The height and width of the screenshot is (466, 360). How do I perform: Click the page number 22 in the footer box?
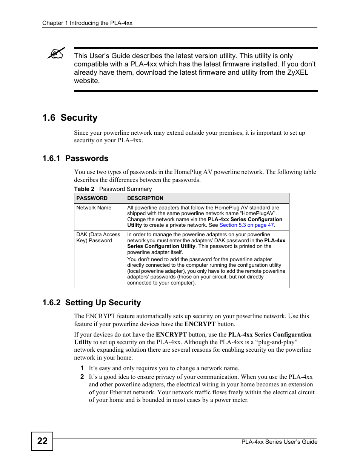[x=42, y=441]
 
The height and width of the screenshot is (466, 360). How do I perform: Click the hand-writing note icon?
[x=56, y=53]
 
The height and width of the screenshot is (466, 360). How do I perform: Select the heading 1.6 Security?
[x=70, y=118]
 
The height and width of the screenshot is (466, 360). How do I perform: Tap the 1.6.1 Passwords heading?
[x=75, y=158]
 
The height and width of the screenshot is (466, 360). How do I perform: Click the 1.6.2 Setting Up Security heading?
[x=91, y=303]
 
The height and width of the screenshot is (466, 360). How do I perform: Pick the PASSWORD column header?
[x=92, y=198]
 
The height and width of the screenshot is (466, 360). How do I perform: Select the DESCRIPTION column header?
[x=145, y=198]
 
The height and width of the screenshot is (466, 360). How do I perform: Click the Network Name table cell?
[x=94, y=208]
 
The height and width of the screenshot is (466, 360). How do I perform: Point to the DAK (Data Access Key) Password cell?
[x=98, y=237]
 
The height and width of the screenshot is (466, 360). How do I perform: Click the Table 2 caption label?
[x=84, y=189]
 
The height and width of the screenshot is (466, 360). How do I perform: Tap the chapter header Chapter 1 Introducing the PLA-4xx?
[x=87, y=23]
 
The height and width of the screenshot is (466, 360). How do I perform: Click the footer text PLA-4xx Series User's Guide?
[x=279, y=442]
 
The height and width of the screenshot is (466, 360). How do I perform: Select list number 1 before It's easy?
[x=82, y=368]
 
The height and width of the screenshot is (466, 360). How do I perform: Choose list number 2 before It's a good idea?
[x=82, y=377]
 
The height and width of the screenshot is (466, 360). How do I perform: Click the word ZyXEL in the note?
[x=298, y=72]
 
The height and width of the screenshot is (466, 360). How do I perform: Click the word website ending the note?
[x=86, y=81]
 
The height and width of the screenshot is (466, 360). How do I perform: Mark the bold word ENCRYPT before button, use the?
[x=171, y=334]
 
